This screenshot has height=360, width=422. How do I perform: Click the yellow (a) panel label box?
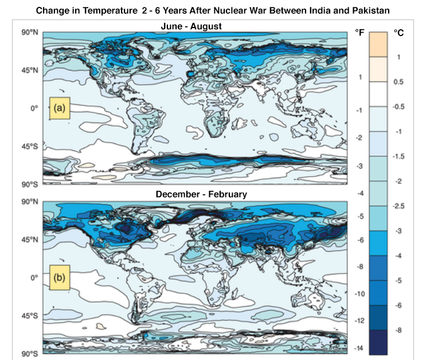(x=59, y=108)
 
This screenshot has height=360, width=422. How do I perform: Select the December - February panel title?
(x=201, y=194)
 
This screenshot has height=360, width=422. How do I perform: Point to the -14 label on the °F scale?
(x=359, y=349)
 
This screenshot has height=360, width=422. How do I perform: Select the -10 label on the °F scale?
(x=359, y=294)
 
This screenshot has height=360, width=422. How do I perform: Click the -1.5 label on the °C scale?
(x=399, y=156)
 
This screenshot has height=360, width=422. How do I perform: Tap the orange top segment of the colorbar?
(x=378, y=44)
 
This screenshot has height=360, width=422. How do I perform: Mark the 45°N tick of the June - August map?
(x=30, y=71)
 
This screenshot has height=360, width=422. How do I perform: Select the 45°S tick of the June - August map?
(x=30, y=146)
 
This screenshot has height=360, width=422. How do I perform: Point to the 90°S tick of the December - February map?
(x=30, y=354)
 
